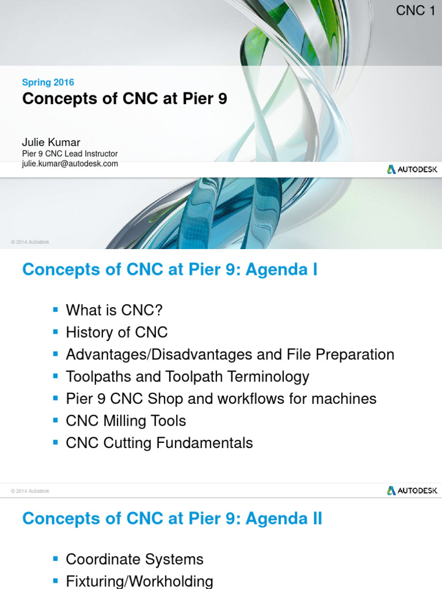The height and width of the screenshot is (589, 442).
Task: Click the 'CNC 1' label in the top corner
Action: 416,10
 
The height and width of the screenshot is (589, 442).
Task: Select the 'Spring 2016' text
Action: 48,82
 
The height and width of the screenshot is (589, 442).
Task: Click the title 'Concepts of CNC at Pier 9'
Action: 124,99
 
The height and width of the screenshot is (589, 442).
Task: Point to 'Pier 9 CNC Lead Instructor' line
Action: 70,154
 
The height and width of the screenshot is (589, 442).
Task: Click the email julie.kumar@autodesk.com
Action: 70,163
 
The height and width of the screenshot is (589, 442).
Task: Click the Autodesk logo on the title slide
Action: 412,169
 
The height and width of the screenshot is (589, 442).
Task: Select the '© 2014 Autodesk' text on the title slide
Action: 30,242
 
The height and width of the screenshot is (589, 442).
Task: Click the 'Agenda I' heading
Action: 170,269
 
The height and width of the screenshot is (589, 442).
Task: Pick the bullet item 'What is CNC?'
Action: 115,311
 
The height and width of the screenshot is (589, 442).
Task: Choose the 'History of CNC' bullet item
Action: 117,332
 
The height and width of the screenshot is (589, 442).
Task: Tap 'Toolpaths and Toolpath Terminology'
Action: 188,377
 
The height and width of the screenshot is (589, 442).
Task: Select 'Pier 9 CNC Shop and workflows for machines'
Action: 221,399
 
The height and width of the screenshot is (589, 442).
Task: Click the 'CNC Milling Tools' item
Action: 126,421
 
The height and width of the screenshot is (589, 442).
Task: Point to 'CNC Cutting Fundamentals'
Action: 159,443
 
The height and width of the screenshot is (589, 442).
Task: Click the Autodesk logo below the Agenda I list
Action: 412,491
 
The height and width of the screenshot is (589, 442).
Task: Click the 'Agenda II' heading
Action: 172,519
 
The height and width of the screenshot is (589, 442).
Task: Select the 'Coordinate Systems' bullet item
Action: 135,559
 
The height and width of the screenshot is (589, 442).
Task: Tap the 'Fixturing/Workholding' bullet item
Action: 139,581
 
